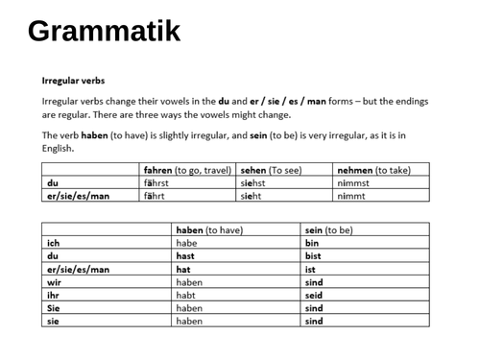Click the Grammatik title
[x=104, y=32]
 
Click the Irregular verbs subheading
[x=74, y=81]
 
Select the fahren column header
[x=187, y=170]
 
